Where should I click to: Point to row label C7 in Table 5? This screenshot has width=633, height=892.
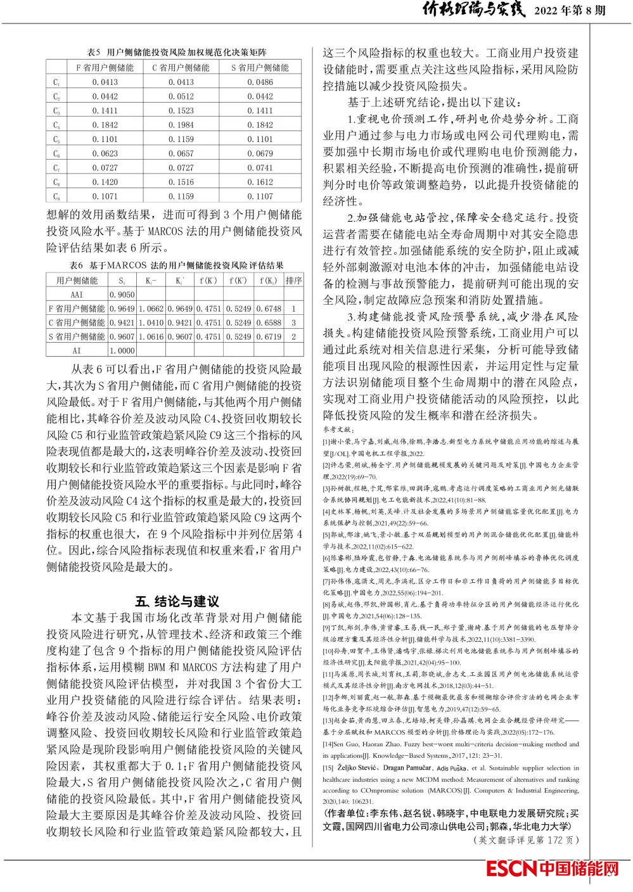pos(56,168)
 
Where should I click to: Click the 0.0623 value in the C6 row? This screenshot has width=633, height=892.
pos(105,153)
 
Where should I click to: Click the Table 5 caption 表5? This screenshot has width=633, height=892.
pos(94,52)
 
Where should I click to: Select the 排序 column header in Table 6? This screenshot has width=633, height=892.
pos(293,281)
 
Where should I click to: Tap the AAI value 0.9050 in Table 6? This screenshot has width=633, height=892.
pos(122,295)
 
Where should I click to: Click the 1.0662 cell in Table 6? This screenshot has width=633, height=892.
pos(151,309)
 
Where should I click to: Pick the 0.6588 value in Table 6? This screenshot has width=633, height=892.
pos(269,322)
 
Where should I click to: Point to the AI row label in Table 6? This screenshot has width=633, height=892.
pos(77,350)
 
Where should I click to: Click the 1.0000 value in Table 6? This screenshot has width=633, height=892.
pos(122,350)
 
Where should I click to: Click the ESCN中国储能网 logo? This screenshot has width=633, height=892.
pos(552,869)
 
